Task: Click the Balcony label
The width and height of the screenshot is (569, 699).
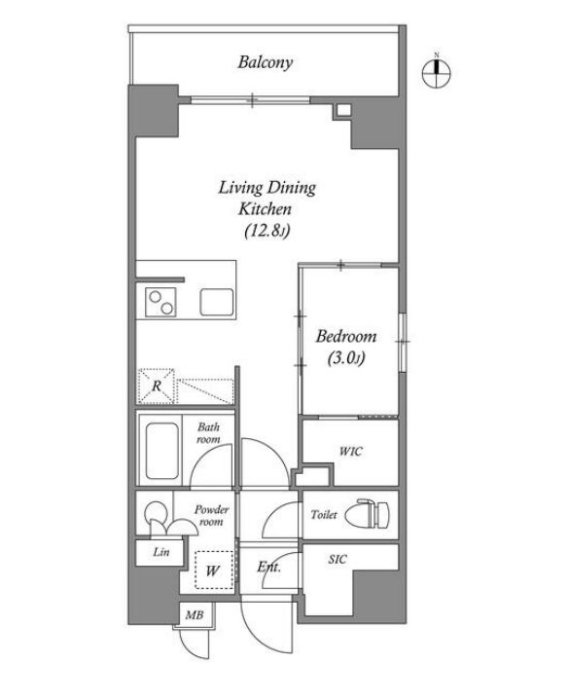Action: point(265,62)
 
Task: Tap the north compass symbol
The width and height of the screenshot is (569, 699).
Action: point(437,72)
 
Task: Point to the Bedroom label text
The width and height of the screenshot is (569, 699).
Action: point(346,336)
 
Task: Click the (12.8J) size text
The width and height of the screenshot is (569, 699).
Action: point(267,231)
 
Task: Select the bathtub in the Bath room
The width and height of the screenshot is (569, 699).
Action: point(162,451)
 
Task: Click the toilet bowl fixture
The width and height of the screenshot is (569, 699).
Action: point(373,514)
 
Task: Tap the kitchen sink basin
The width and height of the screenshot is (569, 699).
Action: point(216,302)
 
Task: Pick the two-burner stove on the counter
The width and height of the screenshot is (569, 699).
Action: point(160,302)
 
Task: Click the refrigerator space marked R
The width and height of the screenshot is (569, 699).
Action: point(156,386)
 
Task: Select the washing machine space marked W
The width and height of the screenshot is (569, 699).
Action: point(214,570)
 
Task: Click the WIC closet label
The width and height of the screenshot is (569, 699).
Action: point(350,451)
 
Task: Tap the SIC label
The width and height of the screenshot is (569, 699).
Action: point(338,559)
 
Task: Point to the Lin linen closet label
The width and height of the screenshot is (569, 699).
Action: point(161,552)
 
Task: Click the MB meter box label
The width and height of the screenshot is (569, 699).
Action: point(195,615)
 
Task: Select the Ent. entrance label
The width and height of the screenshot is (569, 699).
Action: point(268,567)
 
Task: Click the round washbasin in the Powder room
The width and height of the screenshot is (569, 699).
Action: point(155,511)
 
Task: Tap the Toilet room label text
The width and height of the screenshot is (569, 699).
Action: point(324,514)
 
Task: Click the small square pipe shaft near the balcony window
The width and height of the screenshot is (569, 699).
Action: point(342,111)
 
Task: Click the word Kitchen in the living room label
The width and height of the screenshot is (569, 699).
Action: point(265,209)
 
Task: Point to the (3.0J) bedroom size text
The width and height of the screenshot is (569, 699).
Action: point(346,357)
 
